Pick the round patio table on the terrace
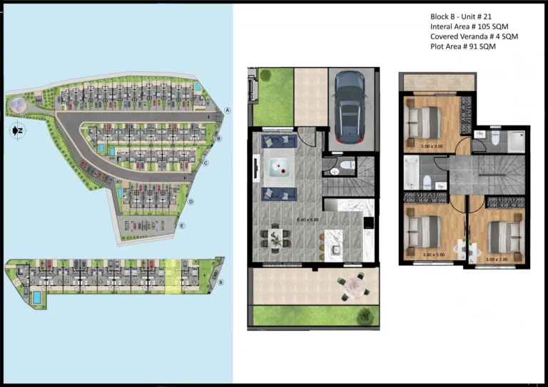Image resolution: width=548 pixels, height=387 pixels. (354, 286)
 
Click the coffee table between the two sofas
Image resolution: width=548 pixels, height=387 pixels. (280, 167)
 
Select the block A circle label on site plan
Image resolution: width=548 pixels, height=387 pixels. (227, 110)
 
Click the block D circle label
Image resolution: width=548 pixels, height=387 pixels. (192, 202)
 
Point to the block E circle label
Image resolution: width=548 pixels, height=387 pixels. (182, 227)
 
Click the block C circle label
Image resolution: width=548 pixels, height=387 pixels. (205, 163)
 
